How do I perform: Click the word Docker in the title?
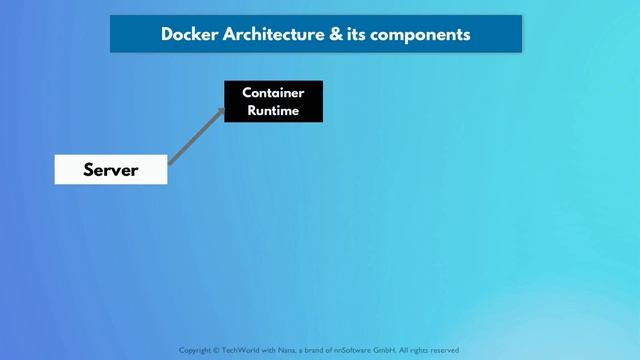pyautogui.click(x=186, y=34)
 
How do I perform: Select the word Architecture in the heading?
pyautogui.click(x=263, y=34)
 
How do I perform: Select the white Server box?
pyautogui.click(x=111, y=170)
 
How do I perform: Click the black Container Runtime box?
pyautogui.click(x=273, y=101)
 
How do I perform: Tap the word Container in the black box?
pyautogui.click(x=273, y=93)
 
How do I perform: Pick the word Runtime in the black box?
pyautogui.click(x=273, y=110)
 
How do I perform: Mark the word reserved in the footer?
pyautogui.click(x=442, y=351)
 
